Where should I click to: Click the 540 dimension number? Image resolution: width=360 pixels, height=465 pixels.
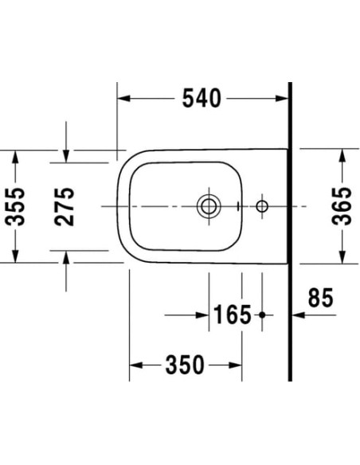202,98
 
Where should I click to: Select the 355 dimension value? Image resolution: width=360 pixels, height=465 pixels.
17,206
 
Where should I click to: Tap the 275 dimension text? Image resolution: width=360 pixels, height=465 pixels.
66,206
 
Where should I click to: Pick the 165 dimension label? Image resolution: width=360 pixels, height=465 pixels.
232,315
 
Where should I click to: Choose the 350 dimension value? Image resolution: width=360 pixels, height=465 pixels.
186,365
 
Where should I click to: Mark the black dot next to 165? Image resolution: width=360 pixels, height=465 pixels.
261,315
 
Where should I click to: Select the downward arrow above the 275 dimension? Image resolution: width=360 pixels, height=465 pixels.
67,156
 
